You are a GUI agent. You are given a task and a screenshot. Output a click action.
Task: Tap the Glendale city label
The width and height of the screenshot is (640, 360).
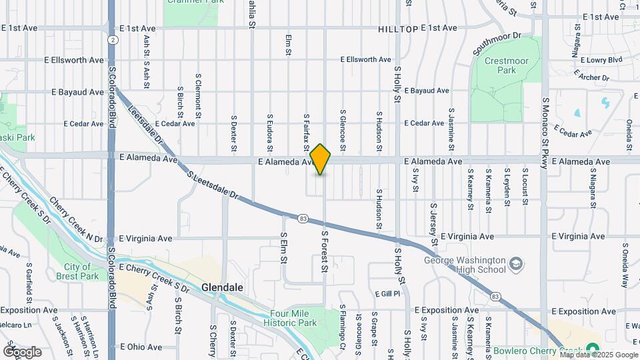(x=222, y=287)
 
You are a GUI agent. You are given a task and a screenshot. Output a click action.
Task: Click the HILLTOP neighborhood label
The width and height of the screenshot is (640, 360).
(x=397, y=29)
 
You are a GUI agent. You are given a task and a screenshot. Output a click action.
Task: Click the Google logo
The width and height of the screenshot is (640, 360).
(x=22, y=351)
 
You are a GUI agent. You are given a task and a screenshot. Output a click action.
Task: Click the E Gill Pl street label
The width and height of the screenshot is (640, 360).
(x=387, y=293)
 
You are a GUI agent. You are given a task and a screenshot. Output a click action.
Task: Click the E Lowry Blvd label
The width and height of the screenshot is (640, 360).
(x=601, y=60)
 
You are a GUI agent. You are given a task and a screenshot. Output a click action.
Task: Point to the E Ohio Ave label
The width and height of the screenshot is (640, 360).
(x=141, y=347)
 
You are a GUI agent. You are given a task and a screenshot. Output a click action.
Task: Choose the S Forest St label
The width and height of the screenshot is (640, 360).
(x=326, y=251)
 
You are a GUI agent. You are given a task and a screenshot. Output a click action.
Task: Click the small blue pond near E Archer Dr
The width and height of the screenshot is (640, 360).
(x=606, y=103)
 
